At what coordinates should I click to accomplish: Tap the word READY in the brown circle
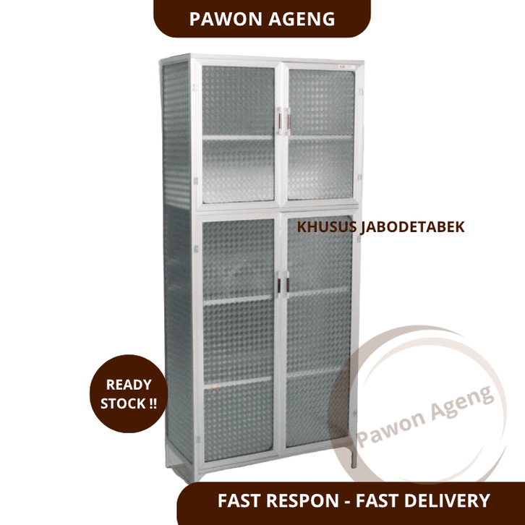click(x=129, y=385)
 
